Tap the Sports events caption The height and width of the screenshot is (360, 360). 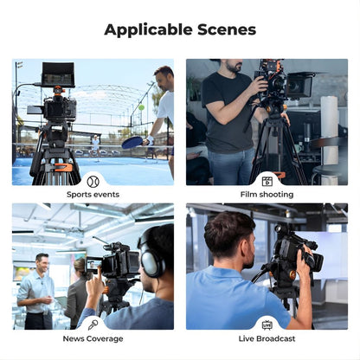click(x=93, y=195)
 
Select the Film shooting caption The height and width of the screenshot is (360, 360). click(x=267, y=195)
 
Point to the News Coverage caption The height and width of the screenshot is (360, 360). click(x=93, y=338)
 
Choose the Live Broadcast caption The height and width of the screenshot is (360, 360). click(x=267, y=338)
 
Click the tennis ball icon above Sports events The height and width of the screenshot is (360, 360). click(x=93, y=182)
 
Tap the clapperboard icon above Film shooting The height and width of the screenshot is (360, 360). click(x=267, y=182)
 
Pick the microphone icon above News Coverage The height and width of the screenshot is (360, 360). click(x=93, y=325)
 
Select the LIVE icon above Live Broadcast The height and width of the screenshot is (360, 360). click(x=267, y=325)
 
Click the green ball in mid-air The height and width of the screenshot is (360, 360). click(x=141, y=107)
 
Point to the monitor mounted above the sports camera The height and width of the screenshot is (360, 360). click(x=57, y=75)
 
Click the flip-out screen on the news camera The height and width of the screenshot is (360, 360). click(x=93, y=266)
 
